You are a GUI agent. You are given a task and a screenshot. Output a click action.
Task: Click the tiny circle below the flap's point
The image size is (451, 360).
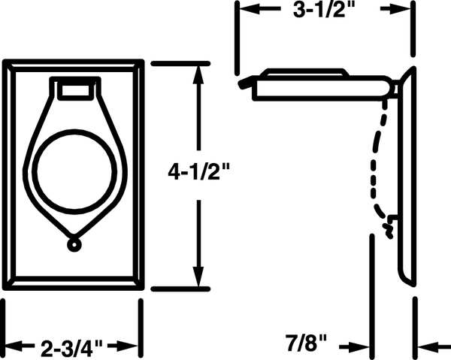pos(73,244)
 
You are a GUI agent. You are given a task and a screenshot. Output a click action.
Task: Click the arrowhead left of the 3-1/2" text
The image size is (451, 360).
pos(247,10)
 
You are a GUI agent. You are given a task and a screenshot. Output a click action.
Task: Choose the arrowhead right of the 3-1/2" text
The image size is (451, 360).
pos(407,10)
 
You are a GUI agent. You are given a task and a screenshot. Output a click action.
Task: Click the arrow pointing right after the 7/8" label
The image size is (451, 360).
pos(363,346)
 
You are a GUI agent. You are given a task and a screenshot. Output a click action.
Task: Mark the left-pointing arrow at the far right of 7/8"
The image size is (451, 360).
pos(425,346)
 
